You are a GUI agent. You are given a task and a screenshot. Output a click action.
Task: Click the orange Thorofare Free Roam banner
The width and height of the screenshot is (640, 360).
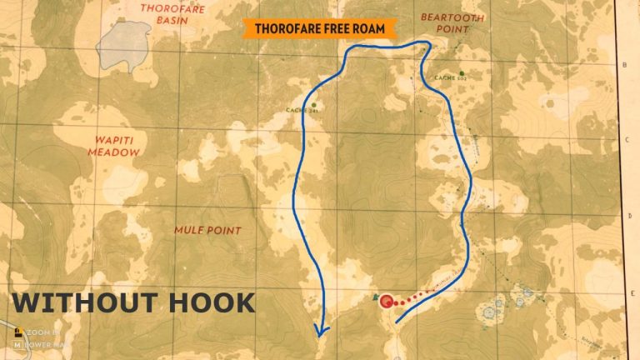[319, 29]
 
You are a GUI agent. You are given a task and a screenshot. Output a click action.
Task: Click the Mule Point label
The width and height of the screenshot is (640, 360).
[207, 230]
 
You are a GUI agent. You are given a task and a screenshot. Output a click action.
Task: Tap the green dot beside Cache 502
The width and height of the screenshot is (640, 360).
[462, 72]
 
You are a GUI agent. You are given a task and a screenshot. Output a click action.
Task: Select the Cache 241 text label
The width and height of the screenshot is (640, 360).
[301, 110]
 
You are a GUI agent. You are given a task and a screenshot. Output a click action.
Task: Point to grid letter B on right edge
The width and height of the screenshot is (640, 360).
[625, 65]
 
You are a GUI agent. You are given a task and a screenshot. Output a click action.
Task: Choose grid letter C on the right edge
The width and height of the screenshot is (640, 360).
[625, 140]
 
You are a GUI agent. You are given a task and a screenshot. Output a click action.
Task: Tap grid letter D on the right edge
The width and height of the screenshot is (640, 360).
[625, 216]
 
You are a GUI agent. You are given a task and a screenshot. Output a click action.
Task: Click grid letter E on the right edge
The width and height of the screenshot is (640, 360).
[625, 292]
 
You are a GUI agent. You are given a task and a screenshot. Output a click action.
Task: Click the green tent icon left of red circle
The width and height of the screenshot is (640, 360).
[374, 297]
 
